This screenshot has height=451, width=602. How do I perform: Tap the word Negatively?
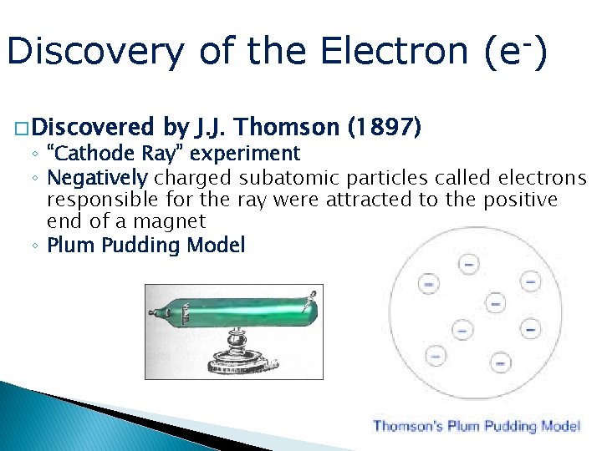point(98,177)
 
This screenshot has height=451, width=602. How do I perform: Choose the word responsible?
point(99,200)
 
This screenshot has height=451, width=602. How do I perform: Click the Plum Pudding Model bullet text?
point(146,246)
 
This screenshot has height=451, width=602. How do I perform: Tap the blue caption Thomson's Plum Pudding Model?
point(476,427)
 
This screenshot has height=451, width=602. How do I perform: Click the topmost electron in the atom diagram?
point(468,265)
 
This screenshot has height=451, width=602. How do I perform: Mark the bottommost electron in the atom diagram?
point(500,362)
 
